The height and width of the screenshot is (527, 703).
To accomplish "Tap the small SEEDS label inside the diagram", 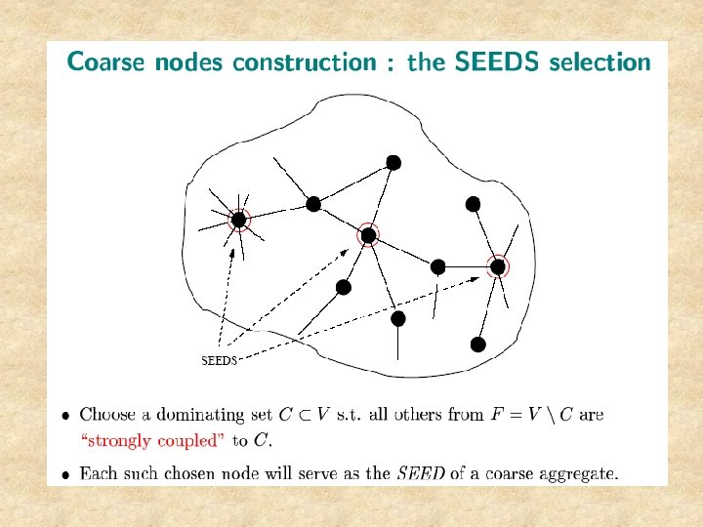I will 219,360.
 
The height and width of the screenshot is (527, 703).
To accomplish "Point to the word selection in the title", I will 600,62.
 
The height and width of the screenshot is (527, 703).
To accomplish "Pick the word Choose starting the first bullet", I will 107,415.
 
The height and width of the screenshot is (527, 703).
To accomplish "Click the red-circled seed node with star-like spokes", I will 238,221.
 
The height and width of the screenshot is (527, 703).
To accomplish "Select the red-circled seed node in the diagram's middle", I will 368,234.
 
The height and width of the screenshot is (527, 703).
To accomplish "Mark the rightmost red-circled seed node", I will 498,266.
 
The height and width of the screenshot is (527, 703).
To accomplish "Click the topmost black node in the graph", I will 393,162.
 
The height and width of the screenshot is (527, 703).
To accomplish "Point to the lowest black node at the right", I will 477,345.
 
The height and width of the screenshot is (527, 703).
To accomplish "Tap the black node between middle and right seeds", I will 438,266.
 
